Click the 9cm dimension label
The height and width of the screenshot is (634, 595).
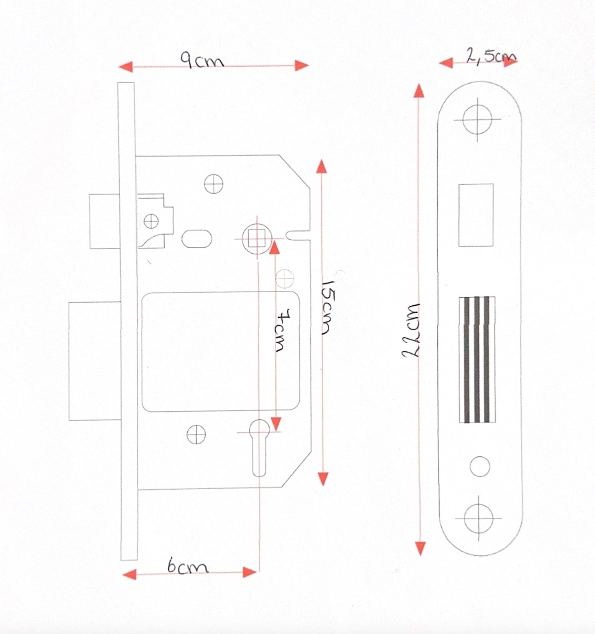coord(202,60)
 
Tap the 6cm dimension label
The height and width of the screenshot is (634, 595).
coord(187,566)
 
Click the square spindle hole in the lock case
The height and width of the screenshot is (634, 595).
coord(257,239)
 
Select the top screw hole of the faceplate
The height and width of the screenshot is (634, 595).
coord(477,119)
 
